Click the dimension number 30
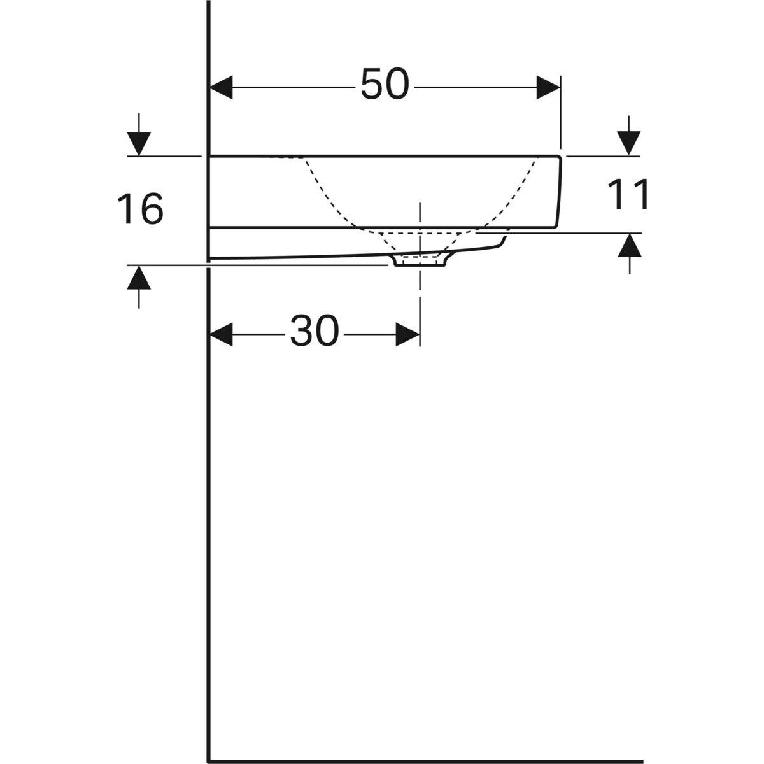click(315, 330)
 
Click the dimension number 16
click(140, 209)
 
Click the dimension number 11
click(628, 194)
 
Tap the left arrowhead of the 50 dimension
click(221, 87)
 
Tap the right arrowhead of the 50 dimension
click(548, 87)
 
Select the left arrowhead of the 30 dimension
click(221, 334)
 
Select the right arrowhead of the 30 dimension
click(408, 334)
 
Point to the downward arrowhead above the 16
click(139, 144)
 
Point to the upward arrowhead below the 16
click(139, 278)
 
